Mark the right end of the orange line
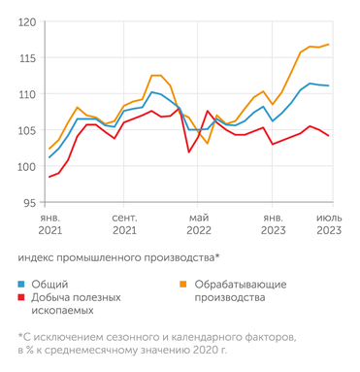click(330, 44)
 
